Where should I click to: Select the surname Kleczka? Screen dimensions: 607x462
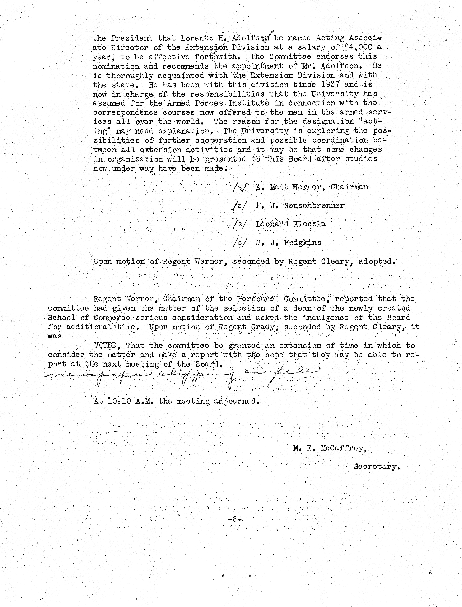[309, 224]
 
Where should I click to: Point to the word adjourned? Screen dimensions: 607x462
[236, 401]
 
